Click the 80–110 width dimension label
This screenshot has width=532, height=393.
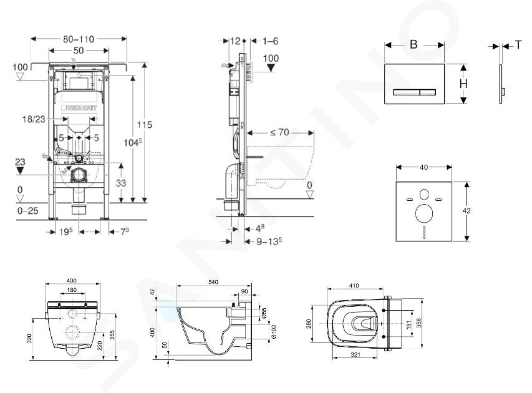click(79, 39)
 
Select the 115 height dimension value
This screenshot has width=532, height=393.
click(145, 125)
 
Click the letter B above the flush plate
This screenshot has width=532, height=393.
click(413, 44)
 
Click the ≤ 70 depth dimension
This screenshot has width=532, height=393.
click(280, 132)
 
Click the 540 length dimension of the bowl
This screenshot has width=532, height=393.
click(214, 283)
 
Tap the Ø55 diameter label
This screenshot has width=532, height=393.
click(264, 311)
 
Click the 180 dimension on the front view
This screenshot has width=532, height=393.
click(73, 290)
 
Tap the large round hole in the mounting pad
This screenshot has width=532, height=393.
click(425, 214)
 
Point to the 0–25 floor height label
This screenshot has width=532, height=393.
click(27, 210)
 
